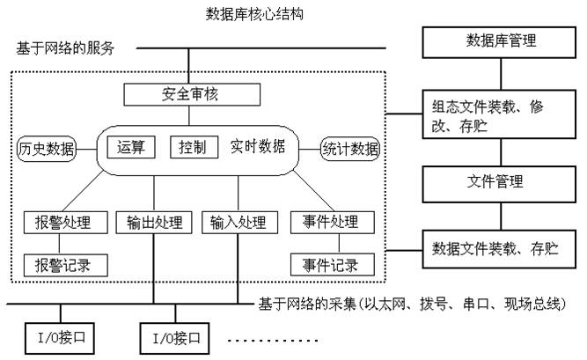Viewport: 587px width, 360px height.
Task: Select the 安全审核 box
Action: click(187, 93)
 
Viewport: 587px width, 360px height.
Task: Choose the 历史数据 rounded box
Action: click(47, 148)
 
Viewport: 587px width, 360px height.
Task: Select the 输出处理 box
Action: click(153, 222)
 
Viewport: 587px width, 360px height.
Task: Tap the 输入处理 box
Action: click(238, 222)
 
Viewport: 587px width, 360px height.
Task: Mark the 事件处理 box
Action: click(327, 222)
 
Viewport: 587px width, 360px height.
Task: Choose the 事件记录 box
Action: click(327, 263)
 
